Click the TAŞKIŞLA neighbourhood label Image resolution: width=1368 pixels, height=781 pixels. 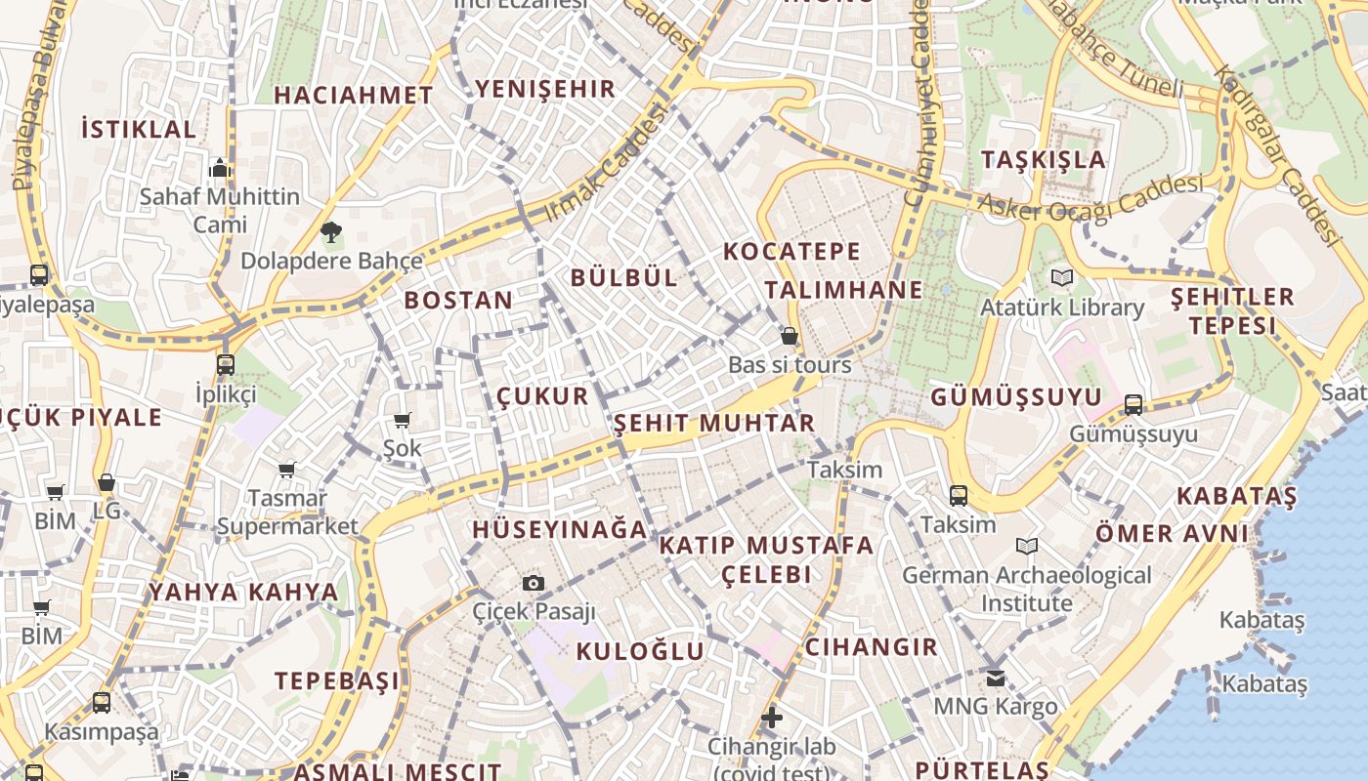pyautogui.click(x=1044, y=159)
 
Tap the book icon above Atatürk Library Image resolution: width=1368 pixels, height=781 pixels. pyautogui.click(x=1062, y=277)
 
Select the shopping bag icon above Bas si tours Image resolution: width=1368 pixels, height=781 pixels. pyautogui.click(x=790, y=336)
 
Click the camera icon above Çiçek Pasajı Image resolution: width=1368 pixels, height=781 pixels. pyautogui.click(x=534, y=583)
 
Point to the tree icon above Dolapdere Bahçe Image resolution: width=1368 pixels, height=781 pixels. pyautogui.click(x=331, y=232)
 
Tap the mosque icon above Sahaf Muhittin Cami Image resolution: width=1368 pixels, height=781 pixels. pyautogui.click(x=220, y=168)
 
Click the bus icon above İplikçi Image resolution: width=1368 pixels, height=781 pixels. pyautogui.click(x=226, y=365)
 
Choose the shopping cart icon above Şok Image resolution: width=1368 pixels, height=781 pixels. pyautogui.click(x=402, y=420)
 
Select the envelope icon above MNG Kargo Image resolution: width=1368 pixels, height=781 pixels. pyautogui.click(x=996, y=678)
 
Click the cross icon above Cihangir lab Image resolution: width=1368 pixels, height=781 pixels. pyautogui.click(x=772, y=718)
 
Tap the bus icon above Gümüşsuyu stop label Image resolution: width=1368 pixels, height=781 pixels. pyautogui.click(x=1133, y=404)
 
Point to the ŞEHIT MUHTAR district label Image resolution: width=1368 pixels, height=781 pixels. pyautogui.click(x=714, y=423)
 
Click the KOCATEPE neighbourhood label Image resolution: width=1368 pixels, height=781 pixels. pyautogui.click(x=791, y=251)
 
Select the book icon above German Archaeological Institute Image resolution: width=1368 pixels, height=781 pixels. pyautogui.click(x=1026, y=546)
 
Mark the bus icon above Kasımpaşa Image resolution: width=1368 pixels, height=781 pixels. pyautogui.click(x=102, y=702)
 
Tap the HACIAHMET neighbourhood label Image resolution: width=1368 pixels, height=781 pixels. pyautogui.click(x=353, y=95)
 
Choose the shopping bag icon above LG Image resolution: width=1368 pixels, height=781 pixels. pyautogui.click(x=107, y=482)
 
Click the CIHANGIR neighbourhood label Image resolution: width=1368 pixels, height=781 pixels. pyautogui.click(x=871, y=646)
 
